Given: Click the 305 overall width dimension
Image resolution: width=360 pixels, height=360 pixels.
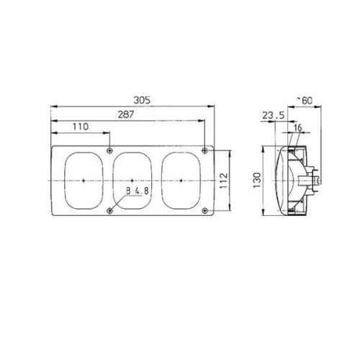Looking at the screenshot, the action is point(142,100).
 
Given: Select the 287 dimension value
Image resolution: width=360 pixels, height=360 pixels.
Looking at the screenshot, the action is point(126,114).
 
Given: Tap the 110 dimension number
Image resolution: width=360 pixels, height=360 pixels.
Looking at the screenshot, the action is point(81,127).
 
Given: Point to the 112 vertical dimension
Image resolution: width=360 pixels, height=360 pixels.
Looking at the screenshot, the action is point(223,181).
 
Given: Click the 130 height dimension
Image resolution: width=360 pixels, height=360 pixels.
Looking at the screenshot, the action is point(257,180).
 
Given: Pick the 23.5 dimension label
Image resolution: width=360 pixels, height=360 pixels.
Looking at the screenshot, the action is point(274,115).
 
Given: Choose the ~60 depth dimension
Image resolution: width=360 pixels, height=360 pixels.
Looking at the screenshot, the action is point(305,101).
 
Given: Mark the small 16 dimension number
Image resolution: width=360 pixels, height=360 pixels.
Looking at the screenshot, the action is point(297,128).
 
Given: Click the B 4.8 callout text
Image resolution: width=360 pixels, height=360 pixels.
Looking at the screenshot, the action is point(138,191).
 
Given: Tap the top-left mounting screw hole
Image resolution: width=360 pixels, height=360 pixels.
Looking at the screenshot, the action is point(109,150).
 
